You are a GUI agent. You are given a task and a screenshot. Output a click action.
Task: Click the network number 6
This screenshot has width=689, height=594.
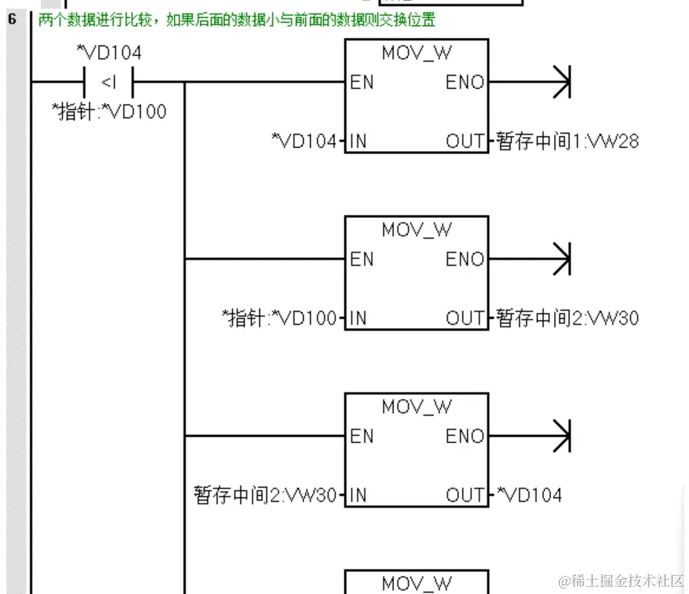click(x=13, y=18)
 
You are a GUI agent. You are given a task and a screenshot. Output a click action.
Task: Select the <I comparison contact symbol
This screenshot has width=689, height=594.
click(x=109, y=82)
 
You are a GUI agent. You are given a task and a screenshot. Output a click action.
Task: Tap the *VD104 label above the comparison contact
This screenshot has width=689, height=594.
click(x=109, y=53)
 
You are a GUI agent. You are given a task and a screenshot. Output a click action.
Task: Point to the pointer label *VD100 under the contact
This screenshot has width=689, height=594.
click(x=110, y=112)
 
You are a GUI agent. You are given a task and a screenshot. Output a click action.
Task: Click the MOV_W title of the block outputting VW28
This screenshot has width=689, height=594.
click(x=417, y=53)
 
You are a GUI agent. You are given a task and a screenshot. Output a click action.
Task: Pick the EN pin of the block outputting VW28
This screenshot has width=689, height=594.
click(x=362, y=82)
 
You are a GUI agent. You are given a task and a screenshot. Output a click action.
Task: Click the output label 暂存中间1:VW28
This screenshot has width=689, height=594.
click(x=567, y=142)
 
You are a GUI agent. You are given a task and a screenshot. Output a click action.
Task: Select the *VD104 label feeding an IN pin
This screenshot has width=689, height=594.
click(x=303, y=142)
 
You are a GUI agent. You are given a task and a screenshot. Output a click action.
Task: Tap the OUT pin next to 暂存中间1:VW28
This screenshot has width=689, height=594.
click(x=465, y=142)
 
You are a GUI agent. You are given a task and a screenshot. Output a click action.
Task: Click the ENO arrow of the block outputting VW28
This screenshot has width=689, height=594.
click(x=560, y=82)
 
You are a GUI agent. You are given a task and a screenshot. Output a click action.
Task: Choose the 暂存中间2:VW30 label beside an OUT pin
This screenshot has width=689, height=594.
click(x=567, y=319)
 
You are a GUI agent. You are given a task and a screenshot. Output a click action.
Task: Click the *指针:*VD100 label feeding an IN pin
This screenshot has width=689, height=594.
click(x=280, y=319)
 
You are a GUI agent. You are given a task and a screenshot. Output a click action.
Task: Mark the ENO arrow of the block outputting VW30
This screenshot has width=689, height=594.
click(x=560, y=259)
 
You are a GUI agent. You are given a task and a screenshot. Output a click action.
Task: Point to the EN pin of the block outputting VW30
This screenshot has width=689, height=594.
click(x=362, y=259)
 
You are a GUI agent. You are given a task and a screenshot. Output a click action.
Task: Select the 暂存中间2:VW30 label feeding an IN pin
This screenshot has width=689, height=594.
click(x=266, y=496)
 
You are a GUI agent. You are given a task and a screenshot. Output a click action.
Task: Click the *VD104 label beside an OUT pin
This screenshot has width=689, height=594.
click(x=528, y=496)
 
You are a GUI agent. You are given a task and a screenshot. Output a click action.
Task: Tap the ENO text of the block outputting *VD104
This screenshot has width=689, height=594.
click(x=465, y=436)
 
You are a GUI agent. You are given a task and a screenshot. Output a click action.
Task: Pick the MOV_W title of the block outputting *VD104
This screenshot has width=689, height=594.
click(x=417, y=407)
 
